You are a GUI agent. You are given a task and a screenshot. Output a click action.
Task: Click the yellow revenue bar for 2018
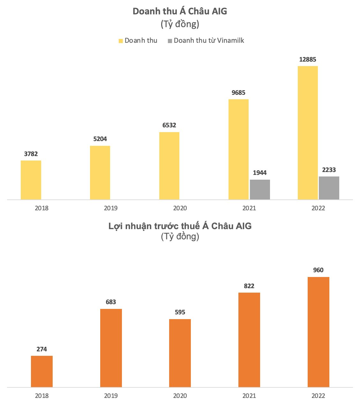coord(31,180)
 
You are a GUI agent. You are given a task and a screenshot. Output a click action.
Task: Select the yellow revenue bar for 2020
coord(169,166)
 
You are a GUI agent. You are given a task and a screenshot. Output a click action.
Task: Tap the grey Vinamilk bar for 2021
coord(260,190)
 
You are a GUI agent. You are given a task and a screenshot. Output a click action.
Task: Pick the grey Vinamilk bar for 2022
coord(329,188)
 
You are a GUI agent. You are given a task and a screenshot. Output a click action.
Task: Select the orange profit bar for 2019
coord(111,348)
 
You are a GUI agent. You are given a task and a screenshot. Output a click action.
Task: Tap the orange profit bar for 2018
coord(42,371)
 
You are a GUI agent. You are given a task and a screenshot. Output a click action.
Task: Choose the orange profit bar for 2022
coord(319,332)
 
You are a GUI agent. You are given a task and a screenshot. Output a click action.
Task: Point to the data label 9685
coord(238,93)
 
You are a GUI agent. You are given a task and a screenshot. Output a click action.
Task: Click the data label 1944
coord(260,173)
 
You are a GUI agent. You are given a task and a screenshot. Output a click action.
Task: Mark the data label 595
coord(180,312)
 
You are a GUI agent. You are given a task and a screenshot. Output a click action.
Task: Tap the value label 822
coord(249,286)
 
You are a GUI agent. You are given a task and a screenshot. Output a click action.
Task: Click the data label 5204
coord(100,139)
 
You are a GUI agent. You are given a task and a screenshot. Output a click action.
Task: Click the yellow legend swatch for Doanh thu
coord(121,41)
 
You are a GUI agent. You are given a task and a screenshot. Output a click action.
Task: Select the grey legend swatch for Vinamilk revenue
coord(170,41)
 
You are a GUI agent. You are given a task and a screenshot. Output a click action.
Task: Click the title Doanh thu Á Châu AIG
coord(180,11)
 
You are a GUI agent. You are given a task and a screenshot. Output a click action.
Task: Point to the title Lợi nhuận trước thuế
coord(180,226)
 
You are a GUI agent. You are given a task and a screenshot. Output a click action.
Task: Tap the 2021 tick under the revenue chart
coord(249,208)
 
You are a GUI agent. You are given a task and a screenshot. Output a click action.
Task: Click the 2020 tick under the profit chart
coord(180,396)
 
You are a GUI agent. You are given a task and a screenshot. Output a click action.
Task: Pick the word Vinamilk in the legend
coord(230,41)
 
